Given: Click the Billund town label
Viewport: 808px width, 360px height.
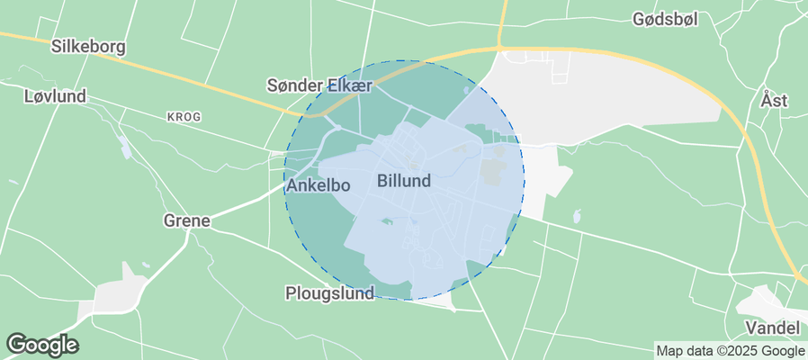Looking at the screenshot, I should click(403, 181).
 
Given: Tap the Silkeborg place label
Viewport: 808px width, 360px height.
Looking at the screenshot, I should click(88, 47).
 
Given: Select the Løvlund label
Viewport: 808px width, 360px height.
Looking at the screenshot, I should click(56, 95).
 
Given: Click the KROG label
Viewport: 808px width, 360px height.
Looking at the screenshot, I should click(184, 117).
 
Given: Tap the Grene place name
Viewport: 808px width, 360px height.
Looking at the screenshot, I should click(186, 220).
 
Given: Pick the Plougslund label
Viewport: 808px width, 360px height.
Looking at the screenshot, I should click(328, 293).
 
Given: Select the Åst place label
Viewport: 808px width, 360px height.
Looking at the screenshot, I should click(773, 100).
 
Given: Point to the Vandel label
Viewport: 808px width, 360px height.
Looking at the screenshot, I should click(773, 327).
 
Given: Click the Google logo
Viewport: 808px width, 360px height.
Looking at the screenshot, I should click(41, 344).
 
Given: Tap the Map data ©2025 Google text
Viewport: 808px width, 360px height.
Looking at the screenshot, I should click(730, 351).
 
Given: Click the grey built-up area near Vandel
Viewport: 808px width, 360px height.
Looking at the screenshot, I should click(765, 301).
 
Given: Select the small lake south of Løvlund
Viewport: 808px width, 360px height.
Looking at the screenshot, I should click(124, 147).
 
